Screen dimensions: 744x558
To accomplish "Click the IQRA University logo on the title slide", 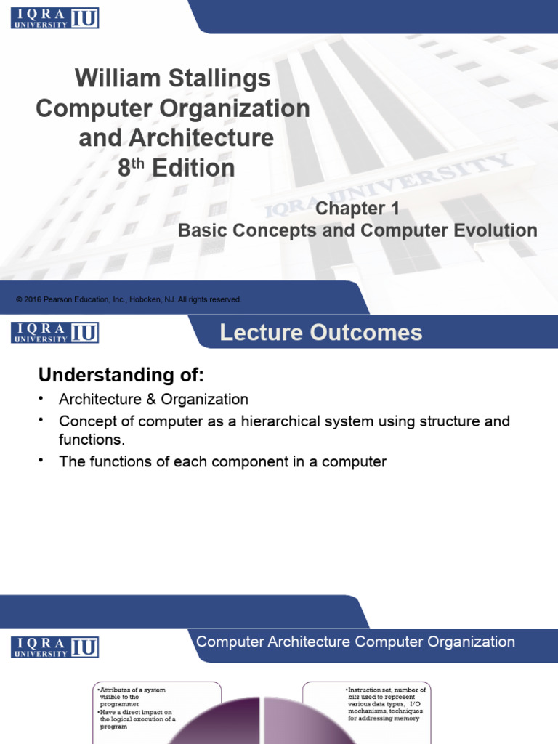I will (x=54, y=17).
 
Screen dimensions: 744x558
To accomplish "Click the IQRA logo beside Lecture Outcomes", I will (x=54, y=332).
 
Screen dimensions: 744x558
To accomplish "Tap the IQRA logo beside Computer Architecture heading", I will (x=54, y=647).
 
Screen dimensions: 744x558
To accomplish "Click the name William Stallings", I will (x=173, y=78).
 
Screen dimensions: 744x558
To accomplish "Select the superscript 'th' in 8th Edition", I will (x=138, y=163).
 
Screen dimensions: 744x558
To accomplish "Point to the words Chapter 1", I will (x=357, y=209).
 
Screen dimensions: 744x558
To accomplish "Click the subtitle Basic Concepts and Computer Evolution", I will (x=357, y=231).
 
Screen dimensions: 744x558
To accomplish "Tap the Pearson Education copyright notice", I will (x=129, y=299).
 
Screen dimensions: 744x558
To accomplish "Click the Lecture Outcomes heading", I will (x=320, y=333).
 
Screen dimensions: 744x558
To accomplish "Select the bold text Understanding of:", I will (x=121, y=376).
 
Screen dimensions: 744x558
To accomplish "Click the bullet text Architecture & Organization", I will (x=153, y=399).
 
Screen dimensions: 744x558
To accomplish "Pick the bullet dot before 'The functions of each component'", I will (x=42, y=461).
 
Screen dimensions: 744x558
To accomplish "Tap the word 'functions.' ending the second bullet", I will (x=92, y=440).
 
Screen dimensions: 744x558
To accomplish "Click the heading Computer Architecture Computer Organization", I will (x=356, y=642).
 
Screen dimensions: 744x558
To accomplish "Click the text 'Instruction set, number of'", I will (x=387, y=689).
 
